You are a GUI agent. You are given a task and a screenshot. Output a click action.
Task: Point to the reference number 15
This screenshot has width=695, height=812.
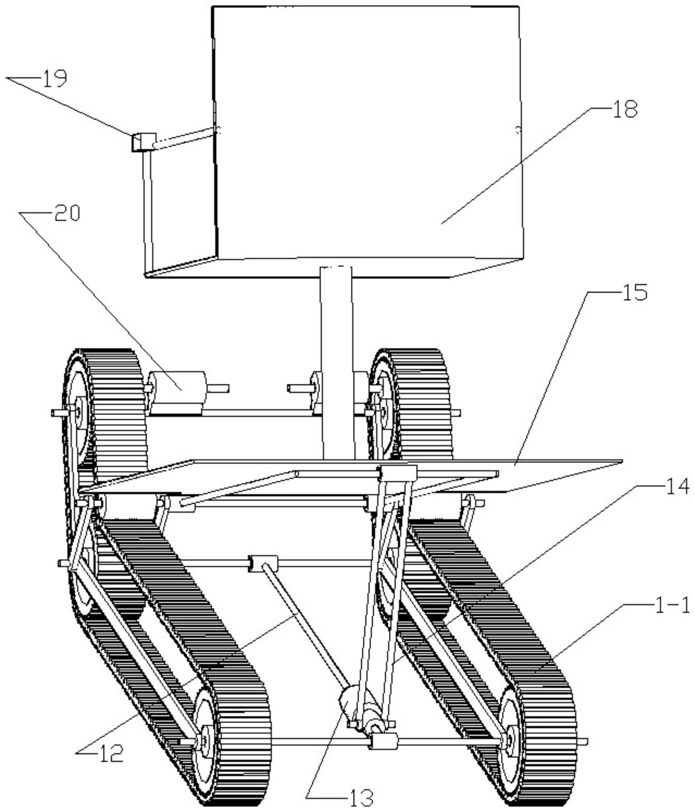click(x=634, y=292)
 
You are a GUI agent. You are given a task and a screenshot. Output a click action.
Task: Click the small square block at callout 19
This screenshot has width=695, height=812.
click(x=143, y=142)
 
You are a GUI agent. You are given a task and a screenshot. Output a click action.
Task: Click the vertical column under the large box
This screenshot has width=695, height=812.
click(x=337, y=363)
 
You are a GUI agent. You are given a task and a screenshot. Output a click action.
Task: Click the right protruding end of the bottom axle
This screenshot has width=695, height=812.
click(x=582, y=741)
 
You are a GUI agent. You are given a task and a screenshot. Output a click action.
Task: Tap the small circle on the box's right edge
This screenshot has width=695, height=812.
click(x=518, y=129)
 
